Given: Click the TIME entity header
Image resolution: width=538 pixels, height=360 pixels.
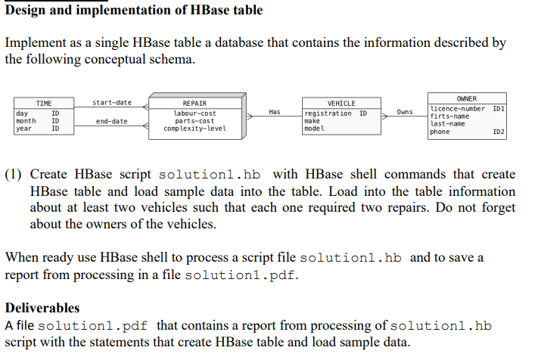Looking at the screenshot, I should (x=44, y=104).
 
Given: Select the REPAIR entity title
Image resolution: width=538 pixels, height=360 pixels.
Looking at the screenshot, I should (x=194, y=104).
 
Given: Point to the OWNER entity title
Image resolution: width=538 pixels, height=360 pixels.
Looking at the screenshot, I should (x=467, y=99).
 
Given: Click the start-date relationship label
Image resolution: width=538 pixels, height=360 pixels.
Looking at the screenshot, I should (x=111, y=102).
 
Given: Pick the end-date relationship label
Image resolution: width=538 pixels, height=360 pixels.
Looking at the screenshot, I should (x=111, y=121).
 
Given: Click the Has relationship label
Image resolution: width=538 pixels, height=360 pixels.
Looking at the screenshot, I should (x=274, y=112).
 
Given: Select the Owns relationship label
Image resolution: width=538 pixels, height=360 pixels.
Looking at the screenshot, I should (x=405, y=112).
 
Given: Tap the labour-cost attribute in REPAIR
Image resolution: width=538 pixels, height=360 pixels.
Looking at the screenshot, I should (x=194, y=113).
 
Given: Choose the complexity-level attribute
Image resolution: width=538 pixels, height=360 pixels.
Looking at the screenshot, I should (x=194, y=129).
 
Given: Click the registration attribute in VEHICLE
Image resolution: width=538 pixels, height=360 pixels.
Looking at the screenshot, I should (x=328, y=113).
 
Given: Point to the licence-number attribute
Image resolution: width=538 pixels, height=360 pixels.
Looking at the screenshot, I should (x=457, y=109).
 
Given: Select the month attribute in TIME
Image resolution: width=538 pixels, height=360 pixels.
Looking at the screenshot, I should (x=26, y=121).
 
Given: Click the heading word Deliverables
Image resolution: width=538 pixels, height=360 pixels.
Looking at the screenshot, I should (x=42, y=308).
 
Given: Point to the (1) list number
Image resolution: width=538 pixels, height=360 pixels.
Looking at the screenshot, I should (x=14, y=175).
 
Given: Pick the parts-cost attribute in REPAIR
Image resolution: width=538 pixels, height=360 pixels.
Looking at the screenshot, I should (x=194, y=121).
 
